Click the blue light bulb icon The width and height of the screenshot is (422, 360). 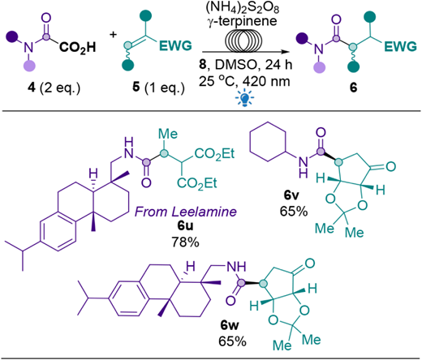click(244, 98)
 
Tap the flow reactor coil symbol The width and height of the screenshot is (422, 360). click(243, 41)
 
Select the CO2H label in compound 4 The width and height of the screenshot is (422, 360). click(78, 47)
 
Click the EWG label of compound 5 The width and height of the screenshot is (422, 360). click(176, 46)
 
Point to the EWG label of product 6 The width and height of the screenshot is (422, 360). click(401, 46)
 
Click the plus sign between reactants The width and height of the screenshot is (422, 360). click(114, 34)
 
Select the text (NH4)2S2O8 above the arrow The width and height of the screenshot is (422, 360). click(243, 8)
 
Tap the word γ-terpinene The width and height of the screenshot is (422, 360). click(243, 21)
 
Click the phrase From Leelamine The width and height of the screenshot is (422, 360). click(186, 212)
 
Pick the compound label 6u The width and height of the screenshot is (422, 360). click(185, 225)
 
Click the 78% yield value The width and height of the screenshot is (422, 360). click(185, 242)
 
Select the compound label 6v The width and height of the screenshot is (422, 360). click(291, 195)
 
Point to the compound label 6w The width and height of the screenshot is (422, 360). click(230, 325)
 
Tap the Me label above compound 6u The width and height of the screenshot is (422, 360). click(168, 134)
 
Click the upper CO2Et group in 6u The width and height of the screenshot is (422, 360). click(214, 154)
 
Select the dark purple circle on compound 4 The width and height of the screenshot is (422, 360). click(12, 36)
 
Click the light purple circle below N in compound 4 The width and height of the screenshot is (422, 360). click(30, 65)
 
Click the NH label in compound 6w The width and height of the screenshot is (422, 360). click(236, 267)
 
